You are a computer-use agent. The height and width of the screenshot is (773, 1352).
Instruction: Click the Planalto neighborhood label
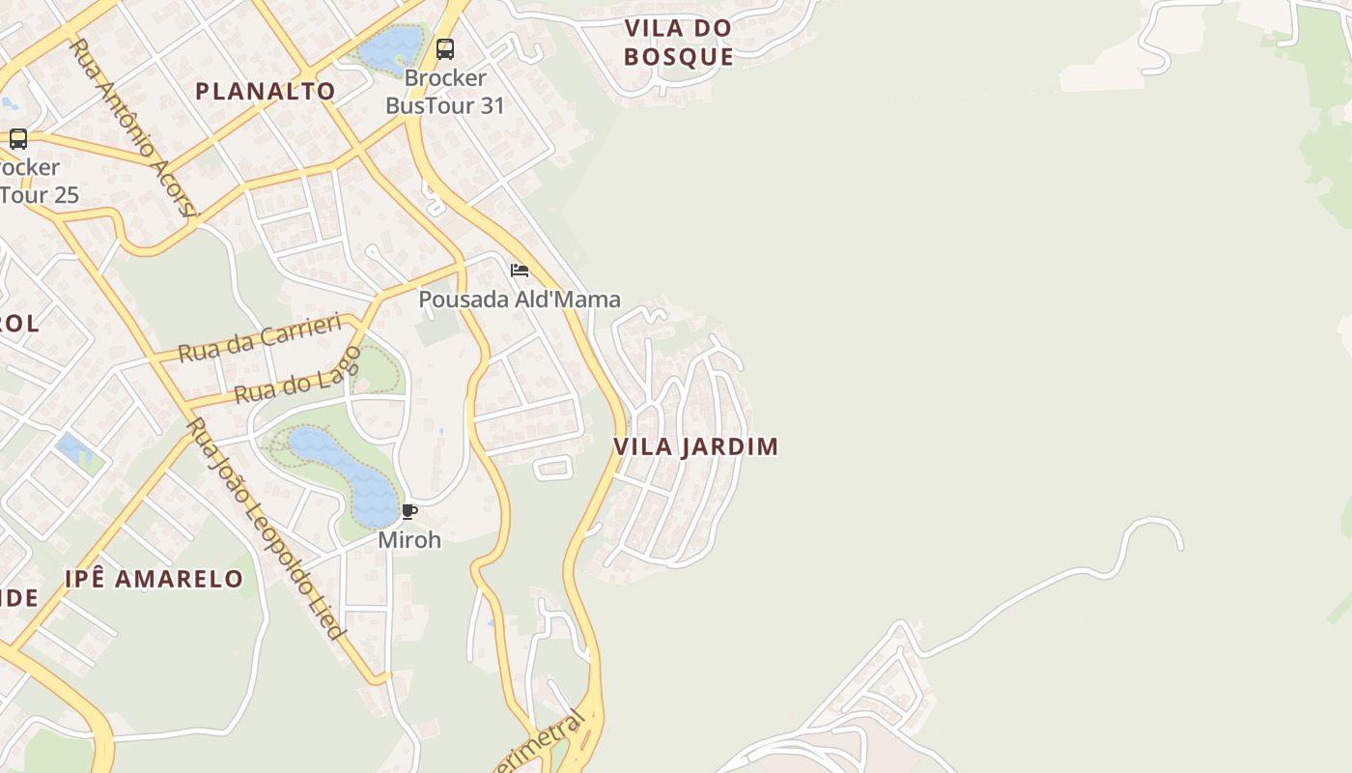[266, 92]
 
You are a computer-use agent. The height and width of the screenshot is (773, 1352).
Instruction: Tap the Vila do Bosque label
[678, 43]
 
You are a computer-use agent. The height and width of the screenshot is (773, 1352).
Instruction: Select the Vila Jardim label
[695, 446]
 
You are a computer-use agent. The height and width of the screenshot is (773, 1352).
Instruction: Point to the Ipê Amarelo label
[155, 579]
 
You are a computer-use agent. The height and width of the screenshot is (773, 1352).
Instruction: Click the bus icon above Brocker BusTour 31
[444, 48]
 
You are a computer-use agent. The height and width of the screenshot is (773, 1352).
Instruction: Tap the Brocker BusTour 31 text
[445, 92]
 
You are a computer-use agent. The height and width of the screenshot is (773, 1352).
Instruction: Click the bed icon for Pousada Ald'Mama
[520, 271]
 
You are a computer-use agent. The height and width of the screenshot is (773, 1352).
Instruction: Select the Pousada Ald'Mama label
[519, 300]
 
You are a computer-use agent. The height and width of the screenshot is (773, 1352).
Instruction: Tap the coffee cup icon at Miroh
[409, 511]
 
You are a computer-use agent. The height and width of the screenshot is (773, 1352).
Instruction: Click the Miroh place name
[409, 540]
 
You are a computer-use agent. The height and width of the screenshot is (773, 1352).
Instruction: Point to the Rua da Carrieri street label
[261, 336]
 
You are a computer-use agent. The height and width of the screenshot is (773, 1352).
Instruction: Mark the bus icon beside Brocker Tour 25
[17, 138]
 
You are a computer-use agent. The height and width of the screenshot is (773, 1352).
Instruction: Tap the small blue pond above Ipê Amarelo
[70, 447]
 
